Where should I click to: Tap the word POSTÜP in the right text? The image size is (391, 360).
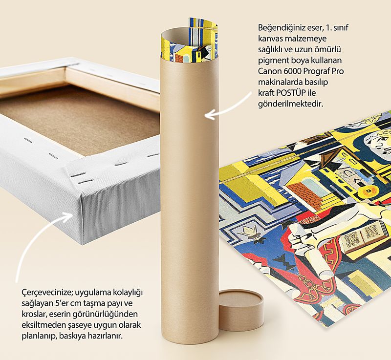click(x=291, y=93)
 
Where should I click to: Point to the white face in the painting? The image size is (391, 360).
click(x=377, y=142)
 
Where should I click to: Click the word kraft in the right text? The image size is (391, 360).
click(x=266, y=93)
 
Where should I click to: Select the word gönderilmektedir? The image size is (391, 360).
click(x=290, y=104)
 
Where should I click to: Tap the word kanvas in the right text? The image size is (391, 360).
click(x=270, y=39)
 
